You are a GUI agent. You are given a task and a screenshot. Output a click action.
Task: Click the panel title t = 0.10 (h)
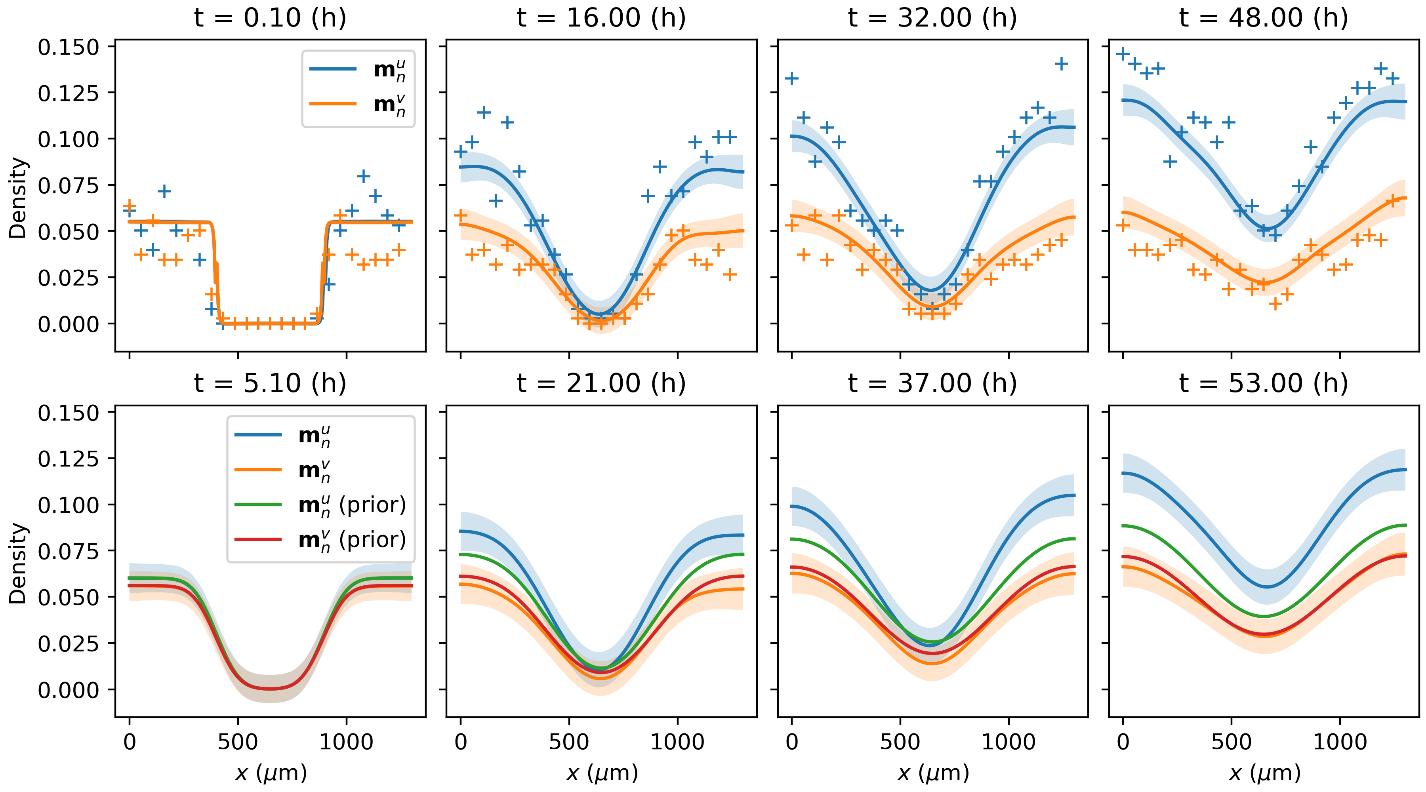pyautogui.click(x=270, y=18)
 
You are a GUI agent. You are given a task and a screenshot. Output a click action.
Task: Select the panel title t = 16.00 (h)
pyautogui.click(x=601, y=18)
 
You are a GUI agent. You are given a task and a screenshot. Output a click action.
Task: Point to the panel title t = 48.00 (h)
pyautogui.click(x=1264, y=18)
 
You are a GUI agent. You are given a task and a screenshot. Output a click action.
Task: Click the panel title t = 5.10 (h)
pyautogui.click(x=270, y=383)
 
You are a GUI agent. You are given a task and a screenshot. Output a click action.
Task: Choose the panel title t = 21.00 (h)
pyautogui.click(x=601, y=383)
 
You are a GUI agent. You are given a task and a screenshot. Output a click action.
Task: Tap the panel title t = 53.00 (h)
pyautogui.click(x=1264, y=383)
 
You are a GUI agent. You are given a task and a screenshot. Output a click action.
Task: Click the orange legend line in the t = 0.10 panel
pyautogui.click(x=333, y=103)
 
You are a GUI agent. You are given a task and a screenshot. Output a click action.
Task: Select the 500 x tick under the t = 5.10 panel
pyautogui.click(x=238, y=742)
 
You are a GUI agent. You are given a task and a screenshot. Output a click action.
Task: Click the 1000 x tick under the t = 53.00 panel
pyautogui.click(x=1340, y=742)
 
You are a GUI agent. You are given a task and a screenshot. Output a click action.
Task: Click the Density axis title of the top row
pyautogui.click(x=18, y=198)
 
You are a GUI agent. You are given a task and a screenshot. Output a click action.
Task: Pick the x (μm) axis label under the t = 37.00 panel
pyautogui.click(x=933, y=773)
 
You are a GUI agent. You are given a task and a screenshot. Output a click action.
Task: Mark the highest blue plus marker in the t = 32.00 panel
pyautogui.click(x=1061, y=64)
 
